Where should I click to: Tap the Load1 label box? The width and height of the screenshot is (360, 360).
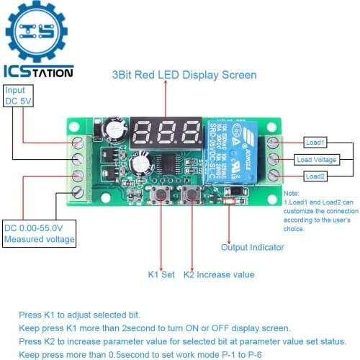315,142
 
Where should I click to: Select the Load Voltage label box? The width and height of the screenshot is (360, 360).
315,159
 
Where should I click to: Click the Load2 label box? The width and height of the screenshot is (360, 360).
315,176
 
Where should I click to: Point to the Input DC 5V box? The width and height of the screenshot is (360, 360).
15,96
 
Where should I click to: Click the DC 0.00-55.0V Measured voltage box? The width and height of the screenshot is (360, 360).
39,233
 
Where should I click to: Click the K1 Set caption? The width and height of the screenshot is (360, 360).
161,274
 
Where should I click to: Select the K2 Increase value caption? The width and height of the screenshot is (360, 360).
218,274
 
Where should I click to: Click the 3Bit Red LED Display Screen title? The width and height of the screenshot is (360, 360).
184,75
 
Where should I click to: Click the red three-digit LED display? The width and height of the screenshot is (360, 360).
168,132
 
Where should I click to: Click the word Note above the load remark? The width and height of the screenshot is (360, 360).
291,194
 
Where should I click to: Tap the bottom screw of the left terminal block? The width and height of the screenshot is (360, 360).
78,191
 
